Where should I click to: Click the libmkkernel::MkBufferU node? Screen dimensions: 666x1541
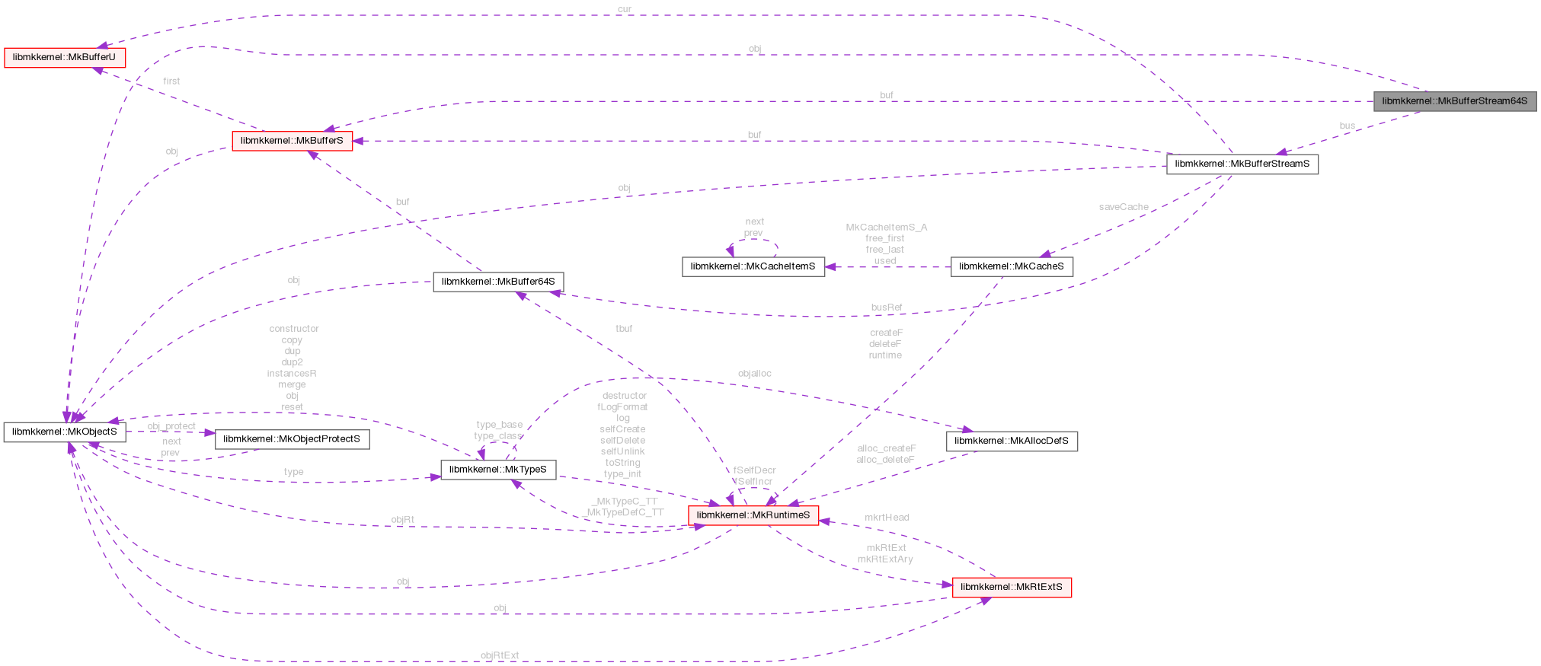(64, 58)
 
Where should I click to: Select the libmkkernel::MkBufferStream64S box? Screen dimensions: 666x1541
(1454, 101)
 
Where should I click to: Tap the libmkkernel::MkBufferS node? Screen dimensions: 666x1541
(292, 141)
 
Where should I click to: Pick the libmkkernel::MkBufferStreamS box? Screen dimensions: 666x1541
(1242, 164)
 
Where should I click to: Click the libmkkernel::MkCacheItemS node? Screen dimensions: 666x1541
(753, 266)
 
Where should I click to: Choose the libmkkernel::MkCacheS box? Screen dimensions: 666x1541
(1011, 266)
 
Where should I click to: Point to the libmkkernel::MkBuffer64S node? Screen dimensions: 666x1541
(498, 282)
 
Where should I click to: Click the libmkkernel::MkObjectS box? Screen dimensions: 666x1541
(65, 432)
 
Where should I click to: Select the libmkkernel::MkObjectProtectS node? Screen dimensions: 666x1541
(292, 439)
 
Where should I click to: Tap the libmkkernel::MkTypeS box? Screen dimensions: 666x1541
(497, 470)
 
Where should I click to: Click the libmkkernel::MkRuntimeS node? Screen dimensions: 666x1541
(753, 515)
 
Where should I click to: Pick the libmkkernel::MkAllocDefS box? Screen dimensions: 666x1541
(1011, 441)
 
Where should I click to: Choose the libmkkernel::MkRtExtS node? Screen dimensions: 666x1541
(1011, 587)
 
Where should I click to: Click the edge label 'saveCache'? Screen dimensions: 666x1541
(1123, 207)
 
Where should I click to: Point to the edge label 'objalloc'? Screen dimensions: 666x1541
(754, 374)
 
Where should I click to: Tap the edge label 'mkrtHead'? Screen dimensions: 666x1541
(886, 518)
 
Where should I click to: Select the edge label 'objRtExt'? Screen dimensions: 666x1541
(500, 655)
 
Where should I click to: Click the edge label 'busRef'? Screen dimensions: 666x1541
(886, 308)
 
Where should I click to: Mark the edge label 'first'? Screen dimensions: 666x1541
(171, 81)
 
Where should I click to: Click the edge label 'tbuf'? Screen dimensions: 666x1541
(624, 329)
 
